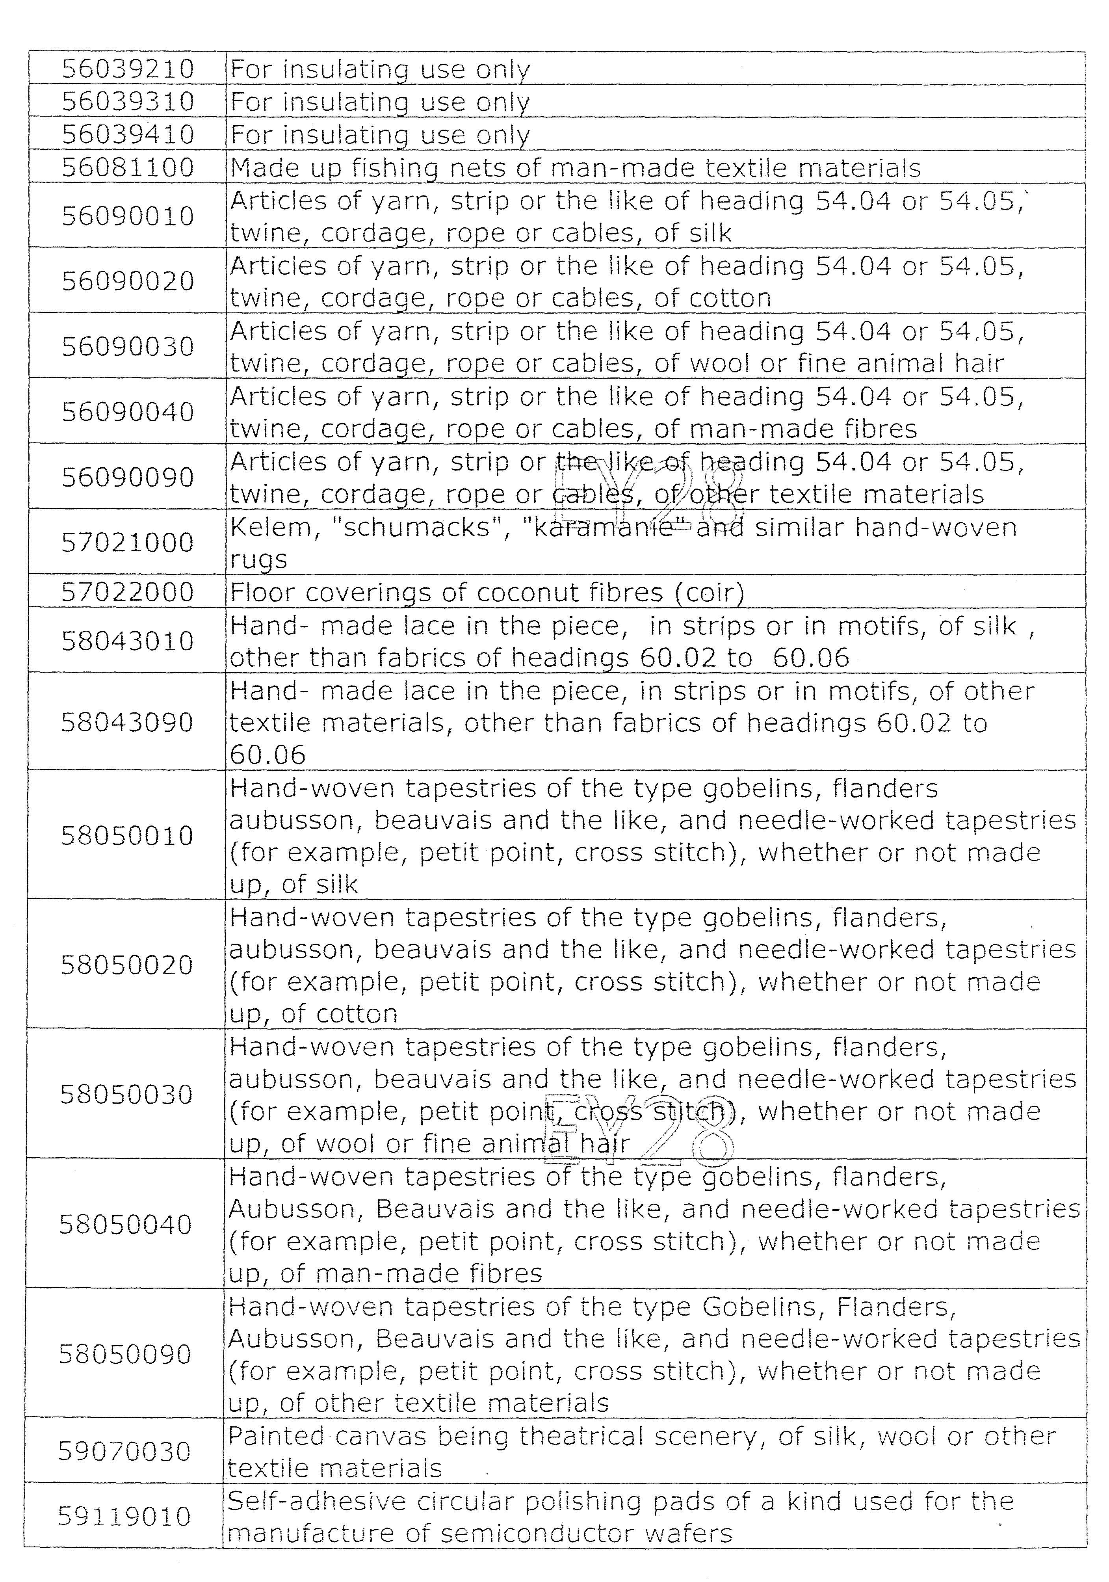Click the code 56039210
coord(128,69)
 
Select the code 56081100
coord(128,167)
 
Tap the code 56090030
coord(128,347)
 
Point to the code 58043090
coord(127,723)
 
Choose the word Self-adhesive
coord(317,1501)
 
